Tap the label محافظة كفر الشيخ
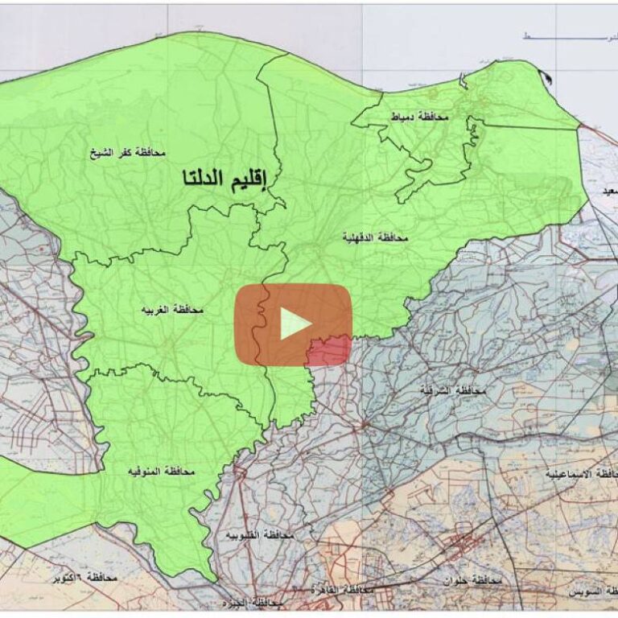pos(128,151)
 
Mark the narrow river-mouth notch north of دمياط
pos(463,80)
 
